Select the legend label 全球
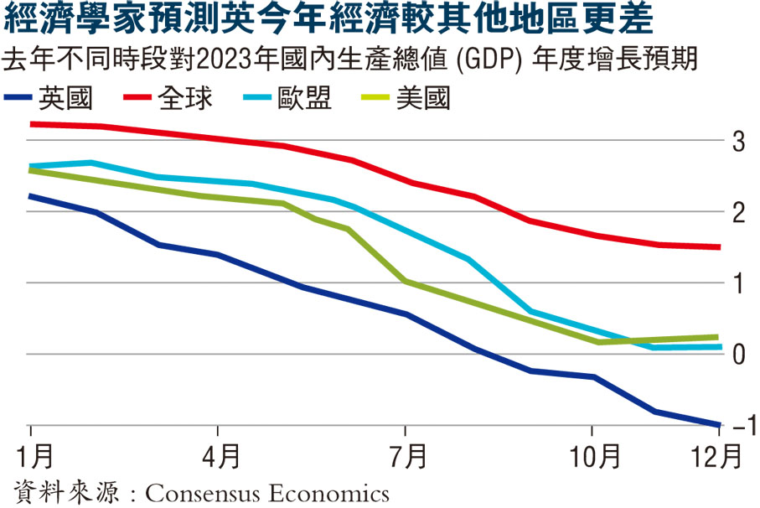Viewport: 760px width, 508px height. pyautogui.click(x=185, y=99)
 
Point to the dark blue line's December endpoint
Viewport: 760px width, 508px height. pyautogui.click(x=720, y=424)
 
